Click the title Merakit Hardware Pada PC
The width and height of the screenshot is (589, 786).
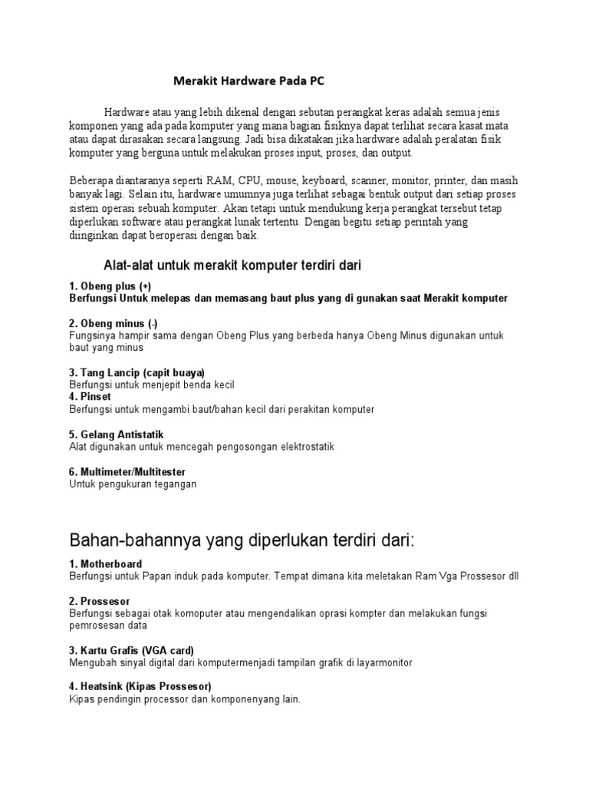(251, 80)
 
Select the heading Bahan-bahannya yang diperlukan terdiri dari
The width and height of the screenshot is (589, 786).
(242, 540)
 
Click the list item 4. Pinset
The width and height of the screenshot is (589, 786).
(90, 397)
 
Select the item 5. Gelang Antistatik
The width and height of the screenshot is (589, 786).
(117, 434)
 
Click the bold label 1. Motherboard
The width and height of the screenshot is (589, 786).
(105, 563)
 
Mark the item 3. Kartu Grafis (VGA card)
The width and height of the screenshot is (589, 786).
(131, 649)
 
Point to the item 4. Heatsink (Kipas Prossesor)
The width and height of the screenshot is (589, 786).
(140, 686)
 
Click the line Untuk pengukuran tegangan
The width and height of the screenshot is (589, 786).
(133, 484)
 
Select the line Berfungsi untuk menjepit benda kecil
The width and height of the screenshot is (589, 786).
(152, 385)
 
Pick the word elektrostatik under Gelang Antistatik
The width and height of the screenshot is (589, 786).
(306, 447)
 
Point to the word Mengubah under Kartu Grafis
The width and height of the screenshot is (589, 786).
(92, 662)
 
